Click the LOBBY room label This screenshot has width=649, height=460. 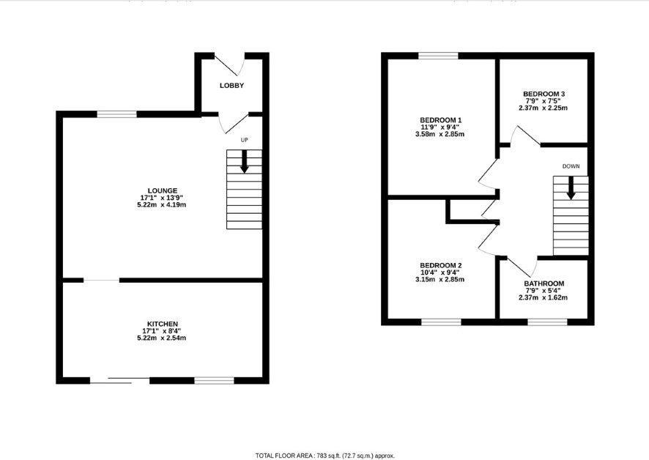231,86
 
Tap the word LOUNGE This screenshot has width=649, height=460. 163,191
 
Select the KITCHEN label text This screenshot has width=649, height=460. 163,324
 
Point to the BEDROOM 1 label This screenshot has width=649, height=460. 440,120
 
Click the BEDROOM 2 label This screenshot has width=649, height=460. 441,265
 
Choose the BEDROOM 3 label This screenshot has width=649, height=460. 544,94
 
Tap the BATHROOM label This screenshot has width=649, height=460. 544,283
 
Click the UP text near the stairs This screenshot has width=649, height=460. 245,140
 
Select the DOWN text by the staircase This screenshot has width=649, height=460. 571,166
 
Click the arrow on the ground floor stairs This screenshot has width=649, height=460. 244,161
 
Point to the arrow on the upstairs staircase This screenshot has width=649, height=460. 571,188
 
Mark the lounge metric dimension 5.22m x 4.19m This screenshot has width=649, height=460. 161,205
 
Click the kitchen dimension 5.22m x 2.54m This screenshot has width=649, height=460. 161,338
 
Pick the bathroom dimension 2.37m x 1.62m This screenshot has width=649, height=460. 543,297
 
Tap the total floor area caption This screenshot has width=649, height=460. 325,456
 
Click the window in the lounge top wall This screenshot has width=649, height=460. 116,114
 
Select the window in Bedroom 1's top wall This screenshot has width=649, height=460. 438,56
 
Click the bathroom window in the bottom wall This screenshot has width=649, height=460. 547,322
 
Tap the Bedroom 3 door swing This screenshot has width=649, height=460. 524,136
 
